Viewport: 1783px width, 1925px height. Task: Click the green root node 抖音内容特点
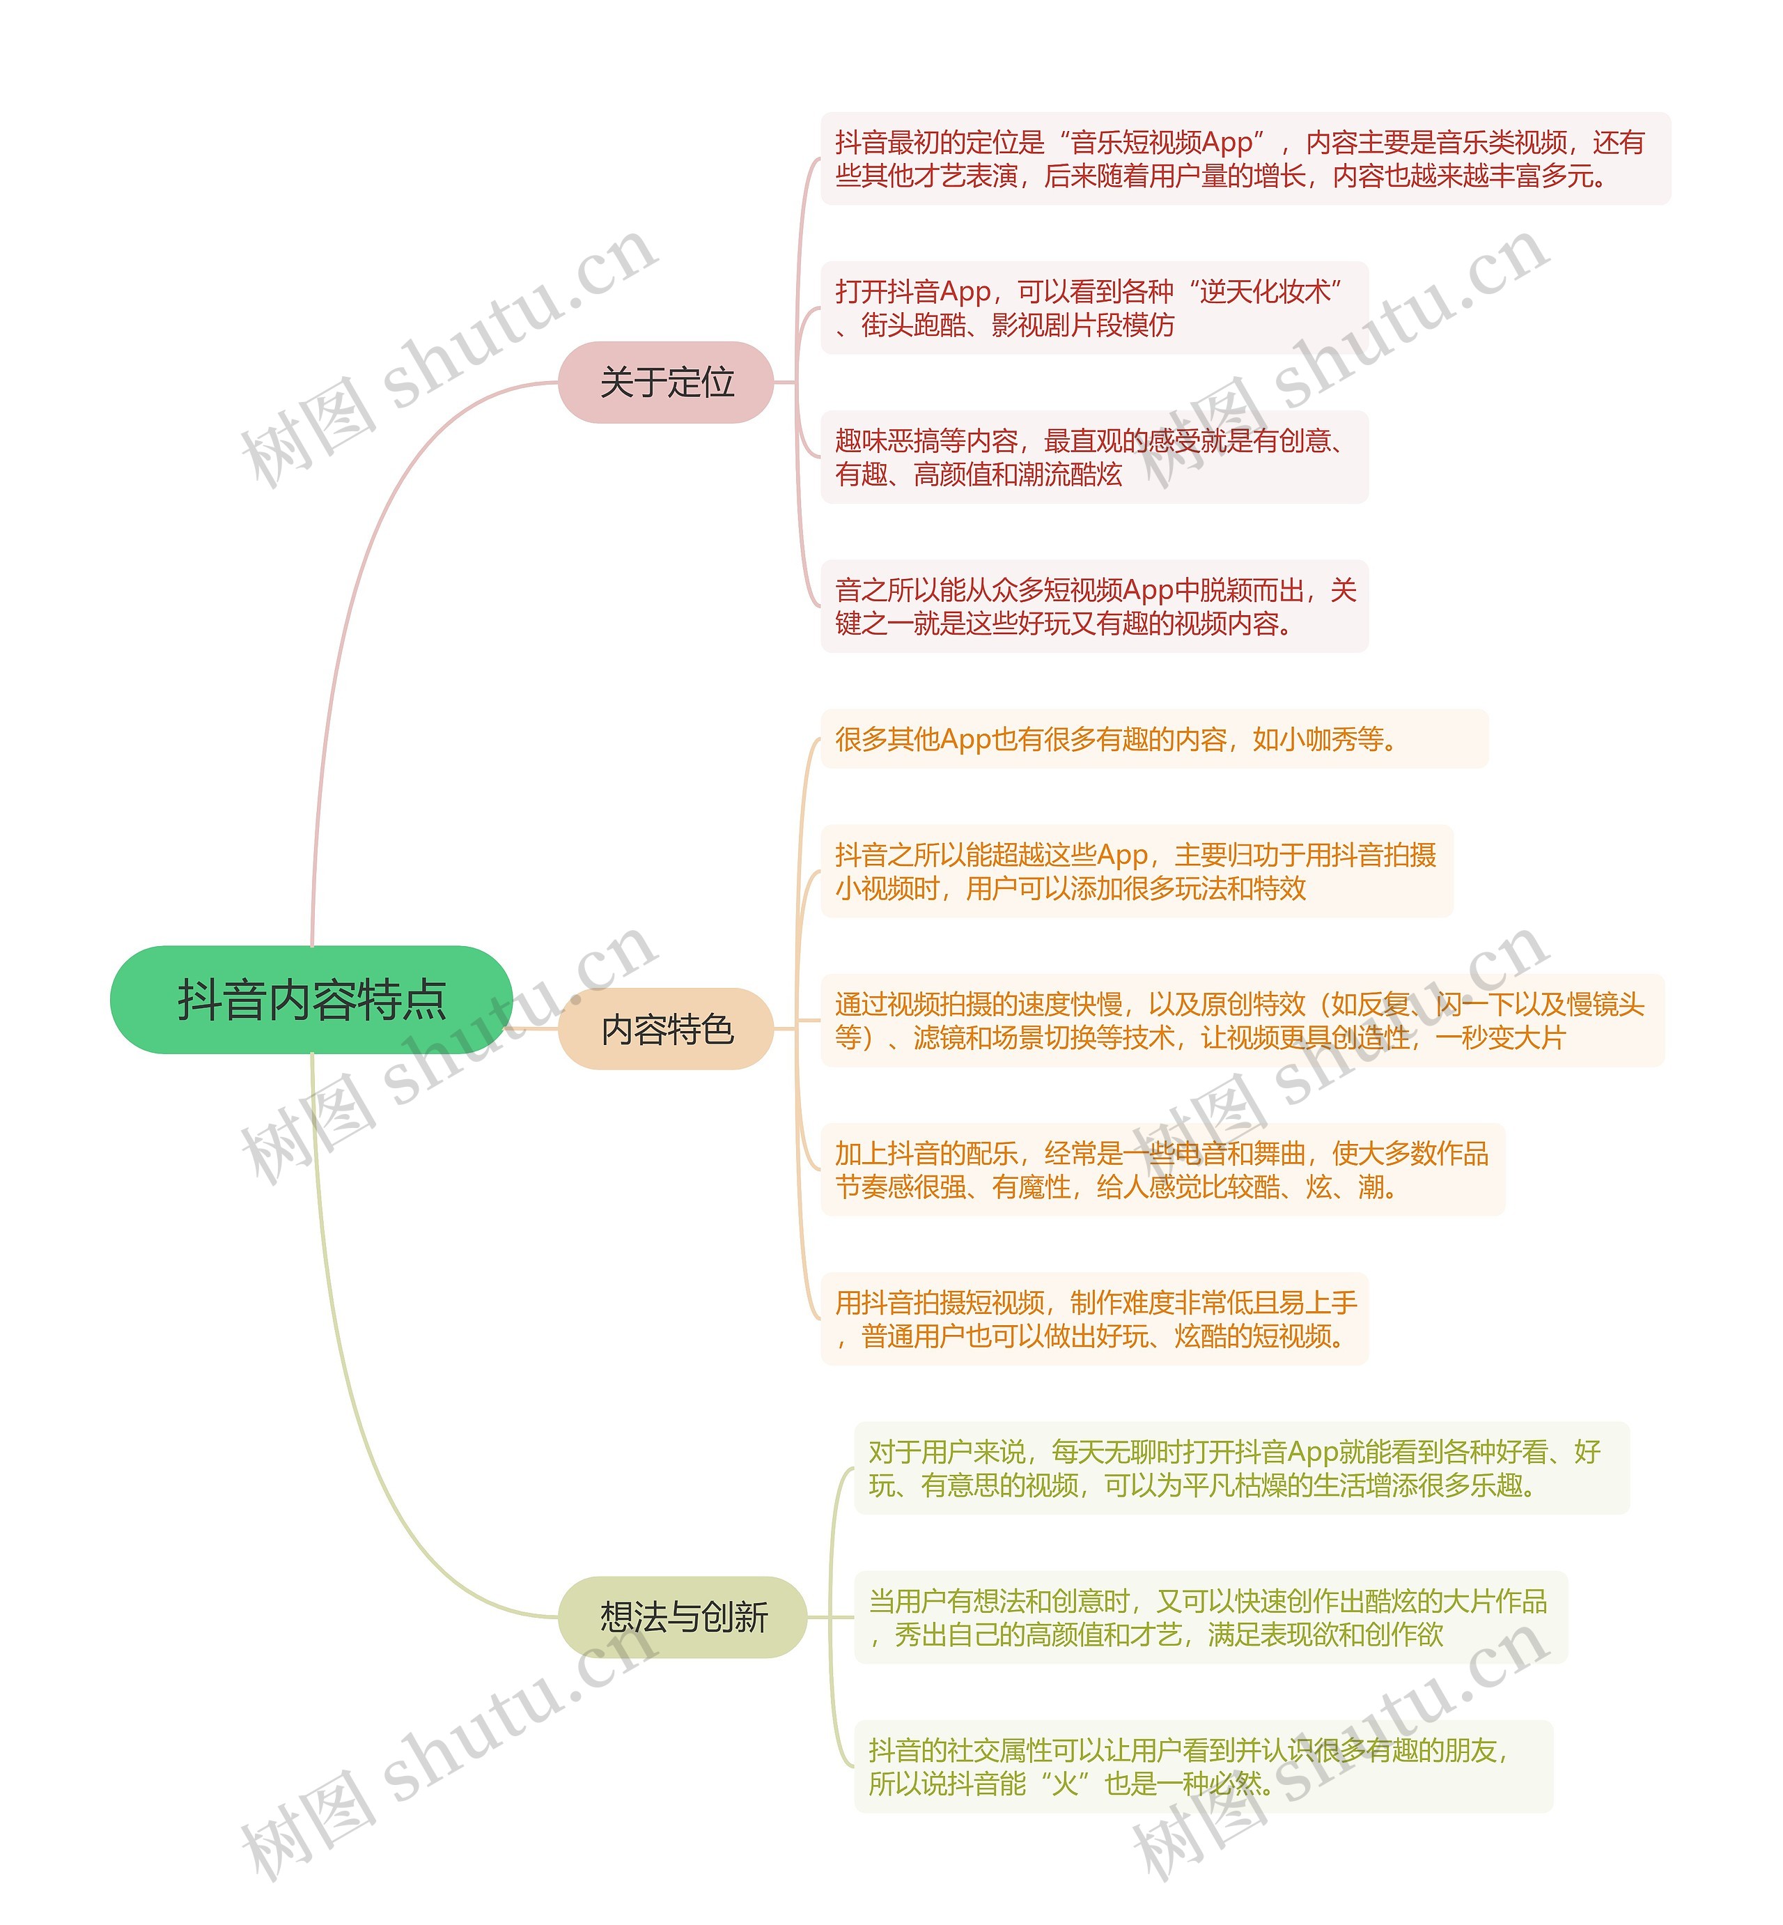click(311, 1000)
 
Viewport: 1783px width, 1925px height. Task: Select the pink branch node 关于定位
click(666, 382)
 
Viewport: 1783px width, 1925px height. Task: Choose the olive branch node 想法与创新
click(682, 1617)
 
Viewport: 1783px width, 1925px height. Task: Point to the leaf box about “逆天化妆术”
click(1094, 308)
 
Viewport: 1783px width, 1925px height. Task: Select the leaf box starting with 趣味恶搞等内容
click(1094, 457)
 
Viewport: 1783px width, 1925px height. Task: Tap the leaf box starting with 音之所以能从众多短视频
click(1094, 606)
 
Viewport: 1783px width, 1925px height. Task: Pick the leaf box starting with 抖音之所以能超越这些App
click(1135, 872)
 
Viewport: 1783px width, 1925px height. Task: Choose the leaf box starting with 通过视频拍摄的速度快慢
click(1242, 1021)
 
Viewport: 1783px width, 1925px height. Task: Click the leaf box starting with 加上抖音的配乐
click(1162, 1170)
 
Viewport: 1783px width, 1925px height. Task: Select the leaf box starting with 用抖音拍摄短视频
click(1094, 1319)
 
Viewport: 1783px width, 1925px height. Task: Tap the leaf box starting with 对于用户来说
click(1240, 1468)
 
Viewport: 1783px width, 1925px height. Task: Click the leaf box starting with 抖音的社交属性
click(1203, 1767)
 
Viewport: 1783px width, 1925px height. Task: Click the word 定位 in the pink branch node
click(701, 382)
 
